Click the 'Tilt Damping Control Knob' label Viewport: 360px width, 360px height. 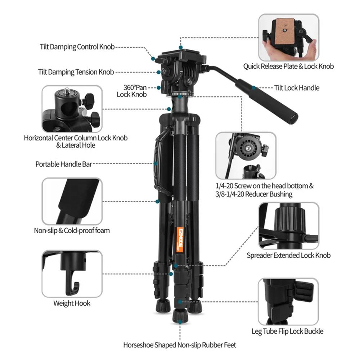click(77, 47)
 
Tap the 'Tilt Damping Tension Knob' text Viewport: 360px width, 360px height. click(76, 72)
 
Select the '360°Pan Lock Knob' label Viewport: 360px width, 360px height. click(132, 91)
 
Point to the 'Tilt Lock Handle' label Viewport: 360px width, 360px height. click(297, 88)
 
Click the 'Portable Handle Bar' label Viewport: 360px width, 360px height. click(64, 164)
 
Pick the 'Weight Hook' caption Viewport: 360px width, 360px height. click(72, 303)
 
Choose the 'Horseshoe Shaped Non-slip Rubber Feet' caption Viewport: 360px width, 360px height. click(180, 345)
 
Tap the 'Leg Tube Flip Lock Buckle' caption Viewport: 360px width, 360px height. click(287, 331)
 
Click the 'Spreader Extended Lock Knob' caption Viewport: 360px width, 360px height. click(289, 255)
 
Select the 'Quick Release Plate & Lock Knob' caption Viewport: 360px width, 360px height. click(289, 66)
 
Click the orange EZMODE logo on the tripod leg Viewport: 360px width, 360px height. click(180, 240)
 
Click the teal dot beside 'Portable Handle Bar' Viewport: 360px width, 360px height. click(156, 164)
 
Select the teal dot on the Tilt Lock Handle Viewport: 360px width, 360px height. click(254, 88)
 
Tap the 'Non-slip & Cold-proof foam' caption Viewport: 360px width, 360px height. click(72, 230)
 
